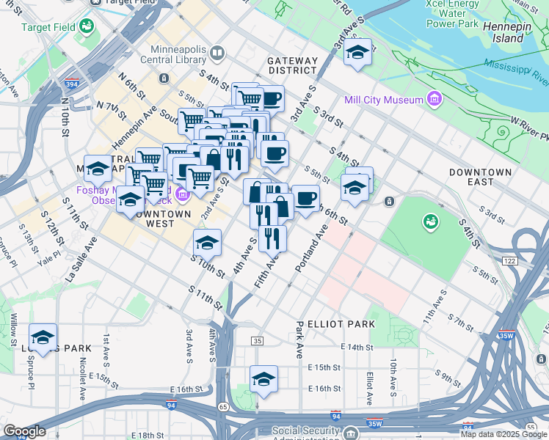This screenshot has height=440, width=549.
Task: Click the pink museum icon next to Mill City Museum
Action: click(x=435, y=98)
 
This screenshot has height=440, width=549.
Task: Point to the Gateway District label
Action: click(x=293, y=66)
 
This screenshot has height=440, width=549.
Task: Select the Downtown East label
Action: click(x=481, y=177)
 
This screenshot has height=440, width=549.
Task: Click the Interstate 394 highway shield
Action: click(x=72, y=85)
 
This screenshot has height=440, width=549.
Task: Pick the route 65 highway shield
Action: click(x=223, y=406)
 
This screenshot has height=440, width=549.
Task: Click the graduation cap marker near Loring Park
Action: click(x=43, y=337)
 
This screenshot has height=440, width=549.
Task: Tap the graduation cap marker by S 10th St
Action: click(x=208, y=241)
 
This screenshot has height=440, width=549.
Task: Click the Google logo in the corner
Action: click(x=25, y=431)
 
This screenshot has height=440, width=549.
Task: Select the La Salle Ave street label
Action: click(x=81, y=261)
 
